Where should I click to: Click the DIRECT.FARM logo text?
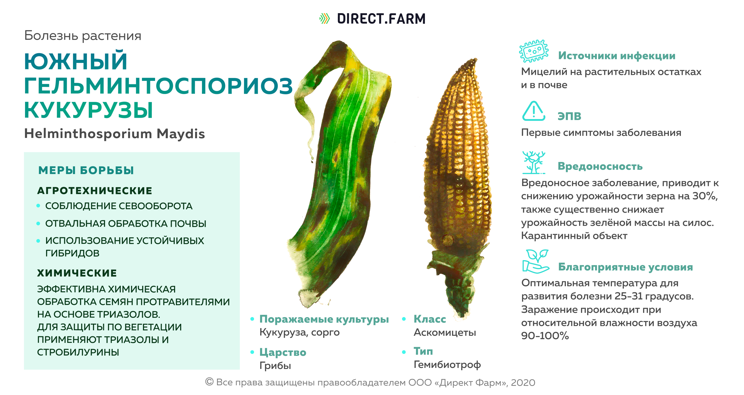(381, 19)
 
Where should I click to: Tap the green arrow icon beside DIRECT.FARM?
(324, 18)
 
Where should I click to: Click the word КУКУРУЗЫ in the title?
(88, 110)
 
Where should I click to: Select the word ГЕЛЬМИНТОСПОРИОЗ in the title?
(158, 86)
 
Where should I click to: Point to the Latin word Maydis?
(181, 134)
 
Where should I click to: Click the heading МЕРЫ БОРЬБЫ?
(86, 170)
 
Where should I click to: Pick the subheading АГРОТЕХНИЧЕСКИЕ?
(95, 191)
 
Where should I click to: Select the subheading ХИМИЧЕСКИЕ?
(77, 273)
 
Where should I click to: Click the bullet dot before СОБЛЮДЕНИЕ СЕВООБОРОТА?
(38, 206)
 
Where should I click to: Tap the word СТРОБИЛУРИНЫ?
(78, 352)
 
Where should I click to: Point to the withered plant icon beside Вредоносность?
(534, 162)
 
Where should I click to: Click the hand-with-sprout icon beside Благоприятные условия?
(535, 261)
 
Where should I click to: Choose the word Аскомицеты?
(445, 333)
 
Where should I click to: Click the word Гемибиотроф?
(447, 365)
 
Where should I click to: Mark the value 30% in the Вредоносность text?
(705, 196)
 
